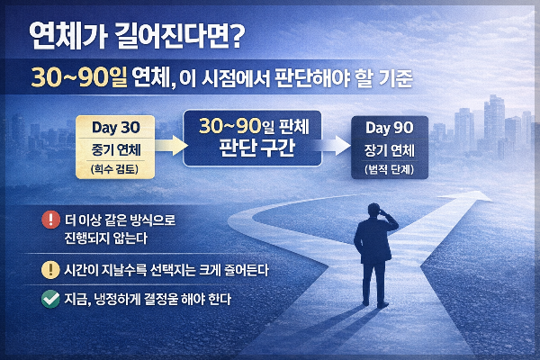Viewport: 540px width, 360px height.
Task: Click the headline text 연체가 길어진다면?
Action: (136, 37)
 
